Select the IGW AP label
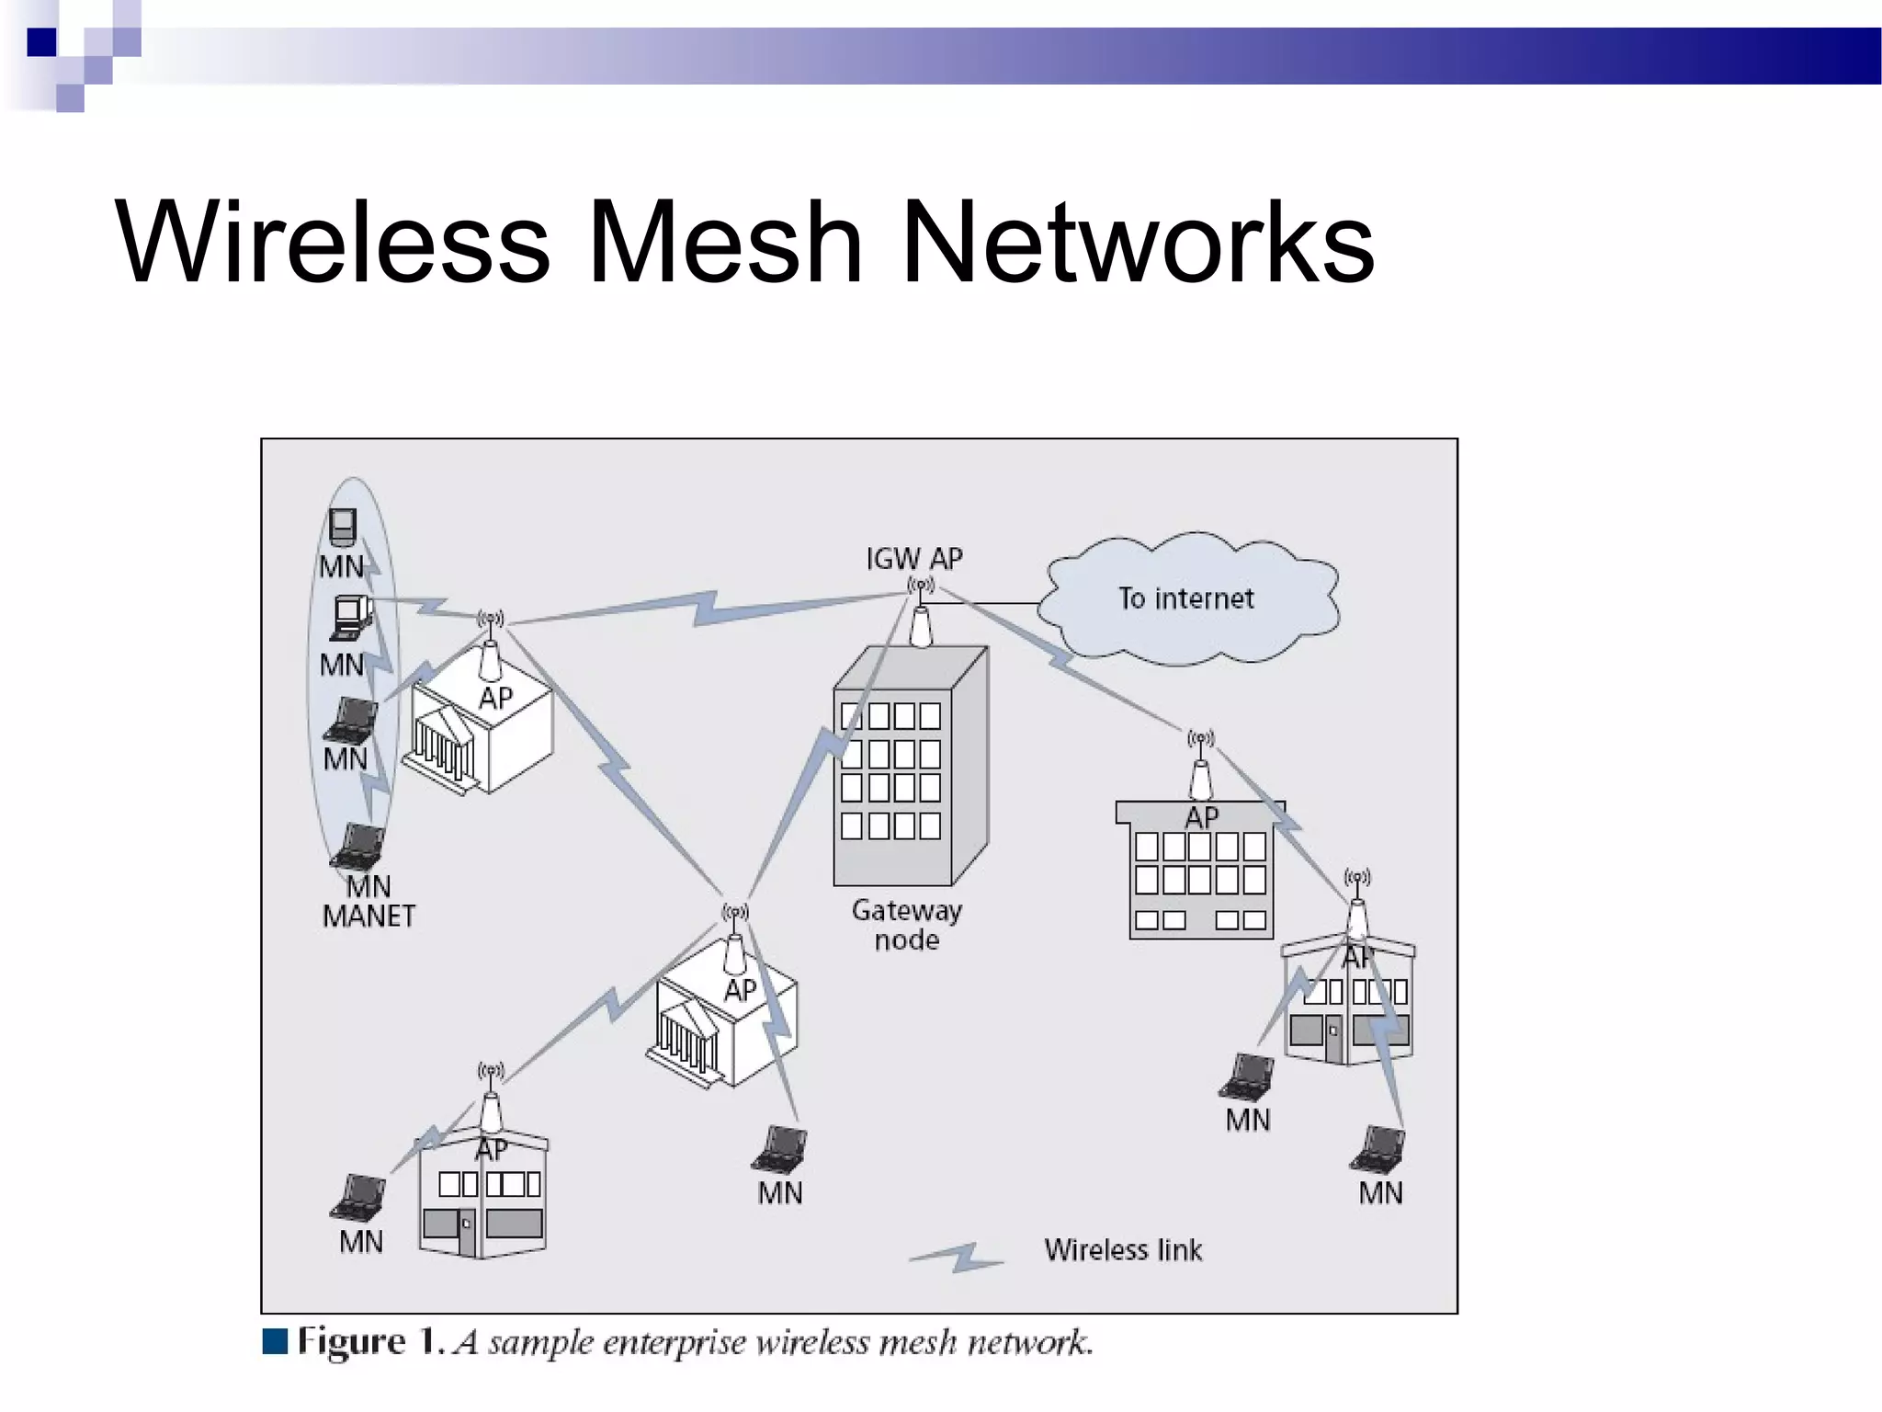[x=913, y=558]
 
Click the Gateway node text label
[x=906, y=924]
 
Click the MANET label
[x=368, y=916]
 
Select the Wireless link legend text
[x=1122, y=1250]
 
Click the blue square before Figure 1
[x=275, y=1341]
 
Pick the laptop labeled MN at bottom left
[x=358, y=1197]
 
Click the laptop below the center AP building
[x=781, y=1148]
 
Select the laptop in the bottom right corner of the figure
[x=1377, y=1148]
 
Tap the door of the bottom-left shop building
[x=467, y=1233]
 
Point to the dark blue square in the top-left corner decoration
[x=41, y=42]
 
